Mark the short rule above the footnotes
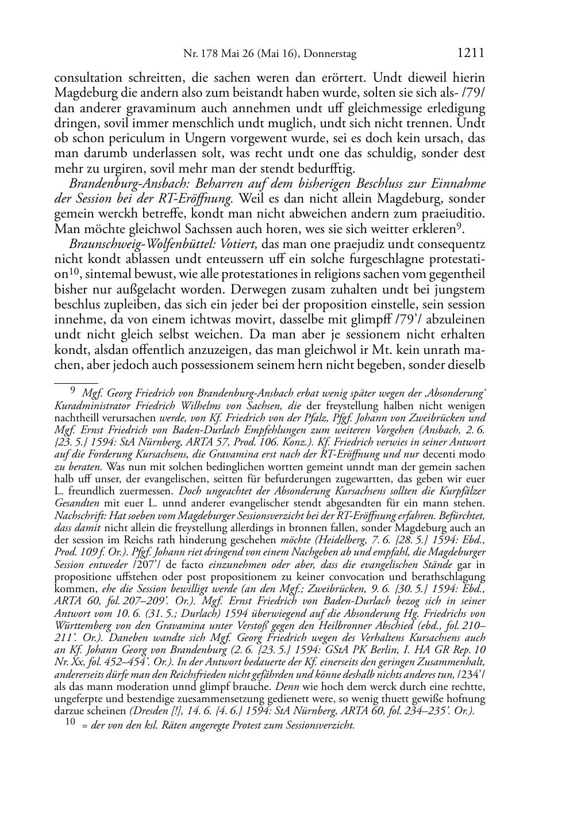tap(75, 382)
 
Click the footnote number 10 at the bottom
tap(68, 724)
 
